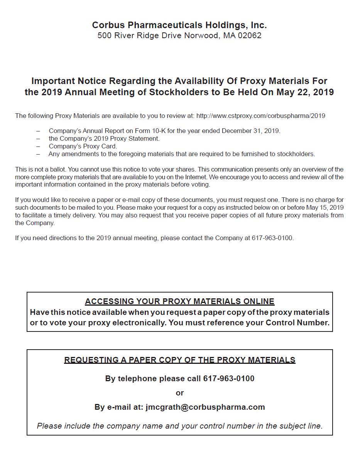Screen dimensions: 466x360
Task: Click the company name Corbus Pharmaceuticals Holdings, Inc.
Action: point(179,25)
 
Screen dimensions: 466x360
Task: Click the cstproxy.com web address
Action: point(260,116)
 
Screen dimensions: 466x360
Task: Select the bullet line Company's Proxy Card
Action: point(83,146)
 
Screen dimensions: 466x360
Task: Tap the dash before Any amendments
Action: point(38,154)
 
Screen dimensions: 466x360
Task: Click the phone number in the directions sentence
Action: point(272,238)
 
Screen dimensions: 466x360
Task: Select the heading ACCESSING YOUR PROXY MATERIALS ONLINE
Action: point(179,301)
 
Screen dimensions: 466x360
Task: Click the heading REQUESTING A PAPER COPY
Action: point(179,360)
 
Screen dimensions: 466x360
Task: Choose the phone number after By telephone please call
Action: point(229,379)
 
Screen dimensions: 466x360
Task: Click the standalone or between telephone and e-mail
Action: point(180,393)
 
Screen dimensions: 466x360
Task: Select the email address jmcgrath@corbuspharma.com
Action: point(205,407)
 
